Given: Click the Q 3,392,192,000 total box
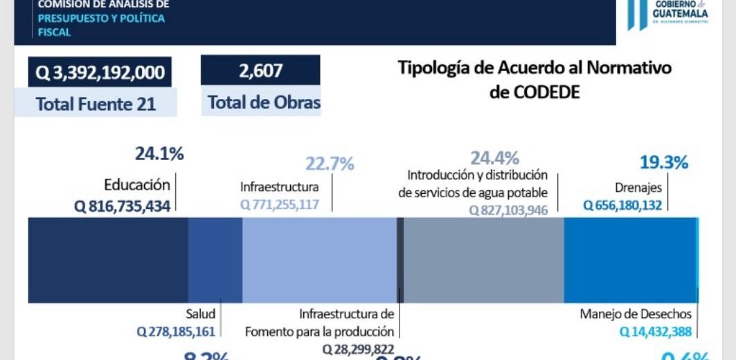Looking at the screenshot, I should click(x=100, y=72).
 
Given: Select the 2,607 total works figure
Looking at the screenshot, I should click(x=260, y=71).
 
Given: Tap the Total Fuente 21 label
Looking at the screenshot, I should click(x=96, y=105).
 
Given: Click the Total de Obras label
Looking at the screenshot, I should click(x=264, y=103).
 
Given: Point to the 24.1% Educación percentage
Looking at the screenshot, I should click(x=159, y=154).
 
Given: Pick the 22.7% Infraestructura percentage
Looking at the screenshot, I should click(x=330, y=164).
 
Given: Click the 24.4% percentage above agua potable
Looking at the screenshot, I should click(x=494, y=158).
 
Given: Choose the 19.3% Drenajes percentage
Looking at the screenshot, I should click(x=663, y=163).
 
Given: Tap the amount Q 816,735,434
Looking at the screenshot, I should click(x=122, y=206).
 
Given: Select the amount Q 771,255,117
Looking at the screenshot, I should click(x=280, y=205).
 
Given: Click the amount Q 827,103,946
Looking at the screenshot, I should click(x=508, y=210).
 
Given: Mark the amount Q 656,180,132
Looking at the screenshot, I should click(x=622, y=205).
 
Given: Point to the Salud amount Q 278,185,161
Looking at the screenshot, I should click(x=176, y=332).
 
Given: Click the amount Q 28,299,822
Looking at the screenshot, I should click(x=358, y=349).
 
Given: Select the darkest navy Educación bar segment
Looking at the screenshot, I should click(x=108, y=260).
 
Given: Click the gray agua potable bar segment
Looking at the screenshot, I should click(x=483, y=260).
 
